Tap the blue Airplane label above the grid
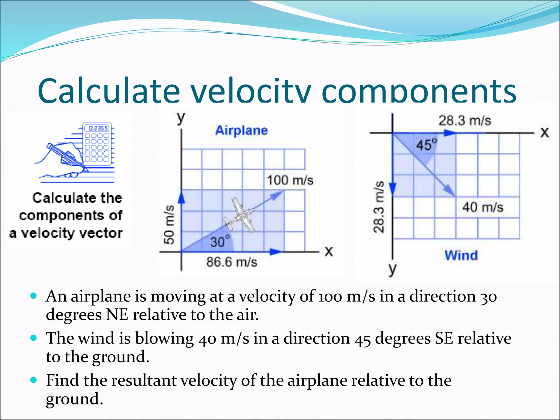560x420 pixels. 241,130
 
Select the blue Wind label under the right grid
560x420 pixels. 461,255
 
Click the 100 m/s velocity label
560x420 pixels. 290,180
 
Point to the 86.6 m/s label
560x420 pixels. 232,262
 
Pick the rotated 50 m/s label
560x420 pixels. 169,224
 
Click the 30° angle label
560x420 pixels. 220,241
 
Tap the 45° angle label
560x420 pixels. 427,145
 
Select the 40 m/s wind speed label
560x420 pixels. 483,207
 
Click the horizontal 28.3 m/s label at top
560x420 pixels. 465,121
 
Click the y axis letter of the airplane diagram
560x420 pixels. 181,118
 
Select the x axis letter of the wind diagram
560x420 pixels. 544,133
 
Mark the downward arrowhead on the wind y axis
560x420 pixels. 392,189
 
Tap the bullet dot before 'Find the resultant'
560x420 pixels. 34,380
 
